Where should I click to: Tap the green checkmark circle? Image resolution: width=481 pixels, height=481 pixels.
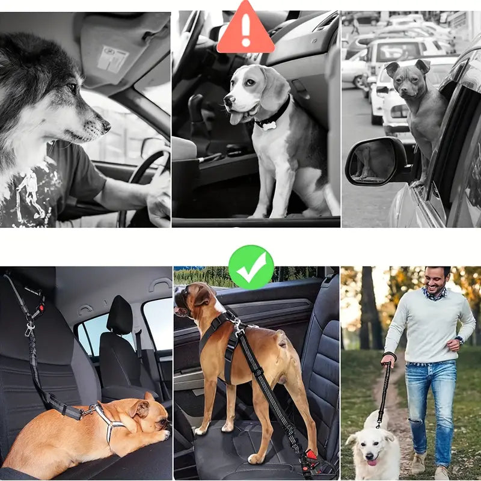[x=251, y=268]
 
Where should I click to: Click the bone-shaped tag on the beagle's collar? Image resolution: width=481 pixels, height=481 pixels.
[x=266, y=126]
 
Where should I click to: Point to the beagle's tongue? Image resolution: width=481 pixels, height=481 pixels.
[x=236, y=118]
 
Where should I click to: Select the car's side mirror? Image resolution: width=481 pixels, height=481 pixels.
[x=376, y=161]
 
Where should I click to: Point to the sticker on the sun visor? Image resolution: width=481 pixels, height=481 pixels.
[x=113, y=59]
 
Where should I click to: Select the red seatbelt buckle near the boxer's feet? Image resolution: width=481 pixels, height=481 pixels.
[x=311, y=455]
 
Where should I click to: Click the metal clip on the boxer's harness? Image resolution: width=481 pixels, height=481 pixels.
[x=239, y=325]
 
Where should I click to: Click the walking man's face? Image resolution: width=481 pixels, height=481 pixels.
[x=437, y=280]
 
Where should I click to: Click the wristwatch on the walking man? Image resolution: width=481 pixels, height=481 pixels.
[x=459, y=340]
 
